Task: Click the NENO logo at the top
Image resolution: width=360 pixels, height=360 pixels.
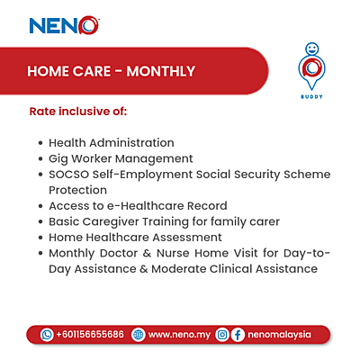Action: (x=63, y=24)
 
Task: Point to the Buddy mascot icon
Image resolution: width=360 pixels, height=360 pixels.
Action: (x=310, y=64)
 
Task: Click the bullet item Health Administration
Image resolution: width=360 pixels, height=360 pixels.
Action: (x=112, y=142)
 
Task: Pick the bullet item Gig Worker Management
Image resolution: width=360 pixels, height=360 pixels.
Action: (x=121, y=158)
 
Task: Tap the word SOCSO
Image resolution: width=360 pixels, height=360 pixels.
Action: (x=70, y=174)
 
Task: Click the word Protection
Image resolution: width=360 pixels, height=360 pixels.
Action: (x=78, y=190)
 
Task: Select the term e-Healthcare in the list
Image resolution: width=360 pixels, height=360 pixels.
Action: (x=132, y=205)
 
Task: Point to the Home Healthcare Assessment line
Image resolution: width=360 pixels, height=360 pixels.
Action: (x=135, y=237)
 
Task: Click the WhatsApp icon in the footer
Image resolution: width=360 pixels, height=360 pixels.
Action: (x=47, y=334)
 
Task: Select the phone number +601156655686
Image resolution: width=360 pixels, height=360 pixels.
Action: (x=90, y=334)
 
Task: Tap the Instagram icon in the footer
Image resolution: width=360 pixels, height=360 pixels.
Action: (x=221, y=334)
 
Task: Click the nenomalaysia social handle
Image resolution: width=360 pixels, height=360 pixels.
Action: (x=279, y=334)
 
